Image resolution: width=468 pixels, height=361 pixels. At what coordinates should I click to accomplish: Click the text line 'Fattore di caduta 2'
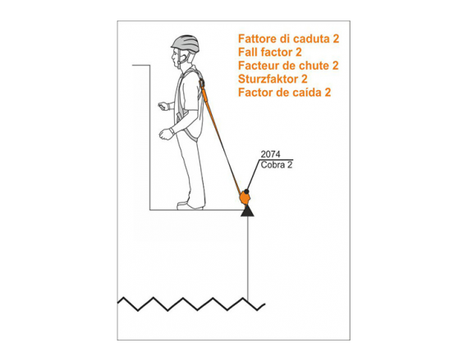(x=289, y=39)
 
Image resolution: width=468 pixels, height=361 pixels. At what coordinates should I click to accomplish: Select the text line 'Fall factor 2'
(x=270, y=53)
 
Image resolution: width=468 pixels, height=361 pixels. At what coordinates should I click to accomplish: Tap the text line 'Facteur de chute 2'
(x=288, y=66)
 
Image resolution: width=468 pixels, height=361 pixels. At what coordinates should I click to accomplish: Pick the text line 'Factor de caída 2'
(x=284, y=93)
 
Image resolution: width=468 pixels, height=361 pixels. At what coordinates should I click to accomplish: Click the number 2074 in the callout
(x=270, y=154)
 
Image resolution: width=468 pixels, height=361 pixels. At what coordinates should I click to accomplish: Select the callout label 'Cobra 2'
(x=277, y=165)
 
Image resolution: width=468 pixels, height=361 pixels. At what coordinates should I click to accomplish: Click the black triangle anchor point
(x=247, y=211)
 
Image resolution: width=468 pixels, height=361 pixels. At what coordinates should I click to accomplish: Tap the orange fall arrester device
(x=245, y=198)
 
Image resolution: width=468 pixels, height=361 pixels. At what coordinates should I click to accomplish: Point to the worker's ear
(x=183, y=57)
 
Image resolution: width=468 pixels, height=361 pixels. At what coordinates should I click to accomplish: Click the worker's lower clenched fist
(x=166, y=134)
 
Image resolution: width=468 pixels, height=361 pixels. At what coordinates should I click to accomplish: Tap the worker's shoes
(x=190, y=206)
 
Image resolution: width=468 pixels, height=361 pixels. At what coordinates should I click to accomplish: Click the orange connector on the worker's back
(x=202, y=82)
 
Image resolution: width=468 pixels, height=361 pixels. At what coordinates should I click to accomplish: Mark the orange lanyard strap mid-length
(x=221, y=139)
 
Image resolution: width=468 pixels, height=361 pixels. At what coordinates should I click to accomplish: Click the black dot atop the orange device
(x=246, y=191)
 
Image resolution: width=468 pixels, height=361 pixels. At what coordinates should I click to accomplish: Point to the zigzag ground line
(x=191, y=304)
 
